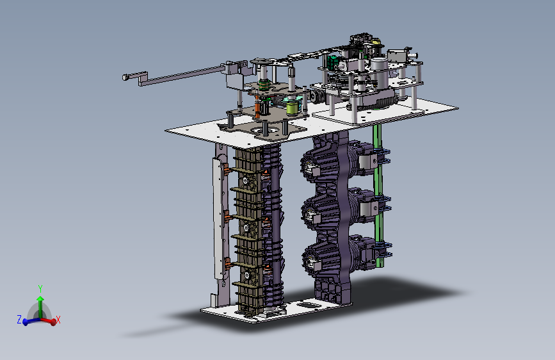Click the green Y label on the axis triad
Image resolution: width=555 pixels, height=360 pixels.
(40, 288)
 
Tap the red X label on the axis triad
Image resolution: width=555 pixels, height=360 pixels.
(58, 320)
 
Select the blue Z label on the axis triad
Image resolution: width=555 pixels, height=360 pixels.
(19, 319)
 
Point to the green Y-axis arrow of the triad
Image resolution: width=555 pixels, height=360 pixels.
(40, 307)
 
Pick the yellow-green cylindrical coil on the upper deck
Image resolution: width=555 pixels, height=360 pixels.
(293, 108)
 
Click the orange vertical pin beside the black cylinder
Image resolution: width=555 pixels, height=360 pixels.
(257, 106)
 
